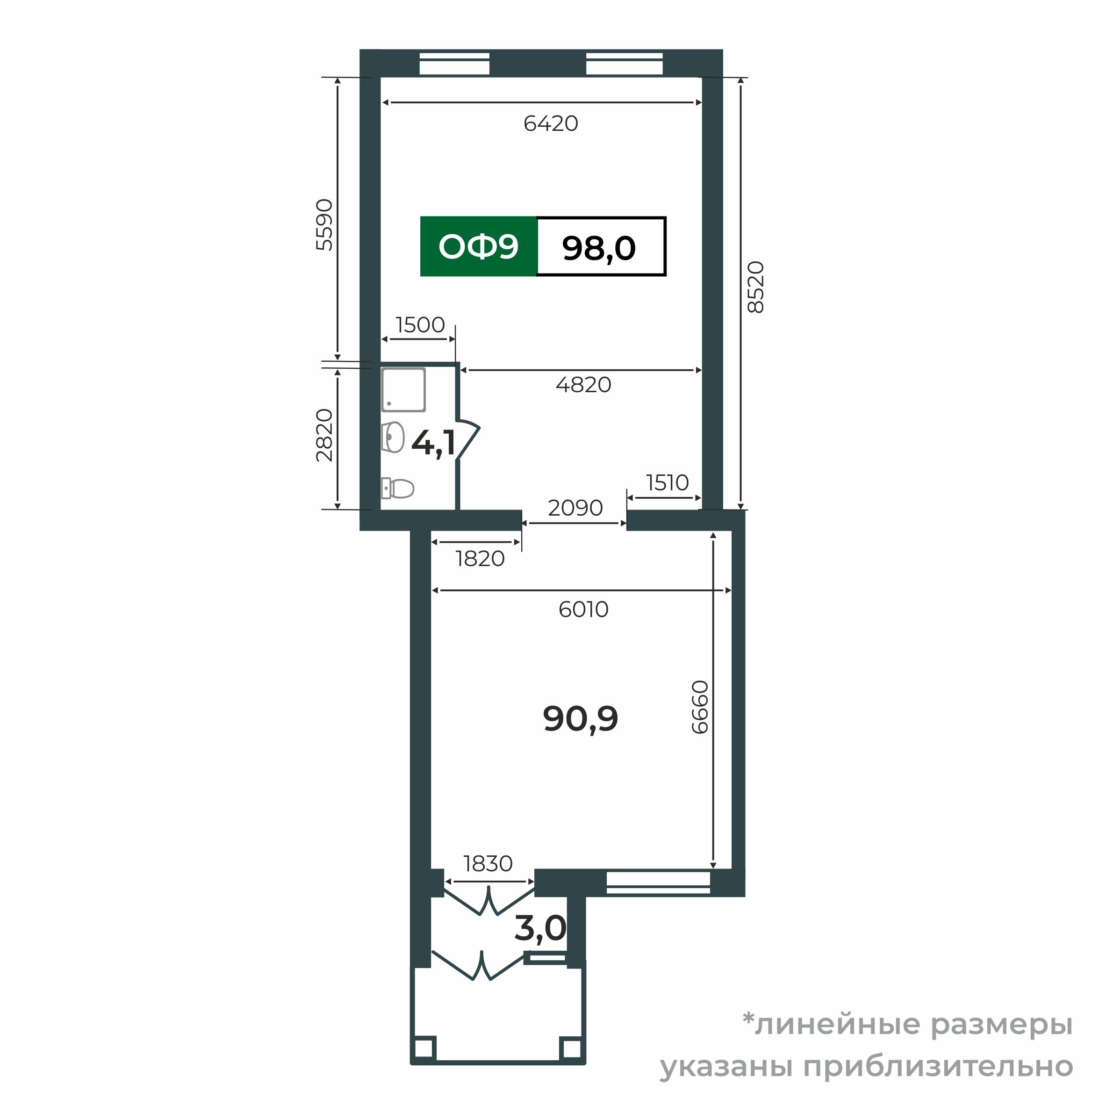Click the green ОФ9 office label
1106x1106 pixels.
tap(478, 247)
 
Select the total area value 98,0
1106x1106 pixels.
tap(599, 248)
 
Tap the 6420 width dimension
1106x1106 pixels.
tap(551, 124)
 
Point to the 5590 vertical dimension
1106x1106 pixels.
tap(324, 224)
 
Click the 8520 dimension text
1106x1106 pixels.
tap(756, 287)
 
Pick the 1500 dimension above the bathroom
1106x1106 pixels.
tap(420, 325)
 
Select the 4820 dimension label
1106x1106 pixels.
tap(583, 385)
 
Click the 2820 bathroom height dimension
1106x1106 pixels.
tap(324, 435)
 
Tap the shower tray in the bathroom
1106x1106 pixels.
tap(403, 390)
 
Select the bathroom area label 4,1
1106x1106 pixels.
tap(433, 443)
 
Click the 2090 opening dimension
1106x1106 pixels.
tap(575, 508)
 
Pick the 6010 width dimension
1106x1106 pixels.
tap(583, 610)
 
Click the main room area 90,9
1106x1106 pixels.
tap(581, 719)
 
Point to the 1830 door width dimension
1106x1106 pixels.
tap(488, 863)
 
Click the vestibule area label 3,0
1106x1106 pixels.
tap(540, 928)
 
